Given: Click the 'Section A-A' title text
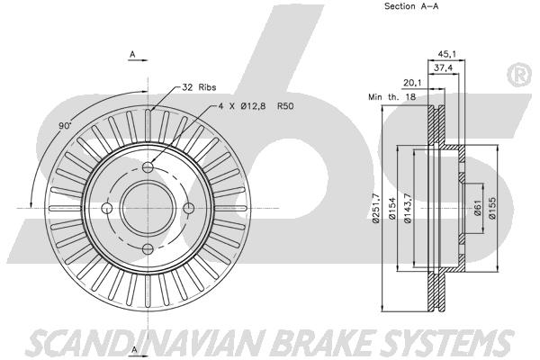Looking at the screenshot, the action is coord(411,6).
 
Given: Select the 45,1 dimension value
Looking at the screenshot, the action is coord(446,54).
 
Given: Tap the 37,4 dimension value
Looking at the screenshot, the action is coord(443,68).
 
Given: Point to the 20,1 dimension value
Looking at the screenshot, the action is coord(412,83).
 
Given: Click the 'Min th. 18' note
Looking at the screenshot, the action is coord(391,97).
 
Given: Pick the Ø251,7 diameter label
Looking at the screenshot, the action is coord(375,208).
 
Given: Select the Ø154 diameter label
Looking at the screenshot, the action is coord(391,208).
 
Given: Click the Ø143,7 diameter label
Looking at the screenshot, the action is coord(408,208).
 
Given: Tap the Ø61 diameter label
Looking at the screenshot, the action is coord(477,208).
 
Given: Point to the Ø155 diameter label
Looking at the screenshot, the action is coord(492,208).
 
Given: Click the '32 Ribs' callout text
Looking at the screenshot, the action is coord(199,87).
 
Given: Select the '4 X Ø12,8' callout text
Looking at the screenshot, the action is coord(242,106).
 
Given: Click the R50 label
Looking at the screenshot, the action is coord(285,106).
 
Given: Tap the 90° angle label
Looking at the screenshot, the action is coord(65,126).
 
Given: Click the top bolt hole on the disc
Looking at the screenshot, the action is coord(148,167).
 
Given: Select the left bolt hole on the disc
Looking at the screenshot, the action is coord(107,208).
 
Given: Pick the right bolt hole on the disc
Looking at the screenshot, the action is coord(189,208).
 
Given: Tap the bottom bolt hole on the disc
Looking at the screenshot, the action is coord(148,248).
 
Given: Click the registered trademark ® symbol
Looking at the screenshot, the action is coord(519,75).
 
